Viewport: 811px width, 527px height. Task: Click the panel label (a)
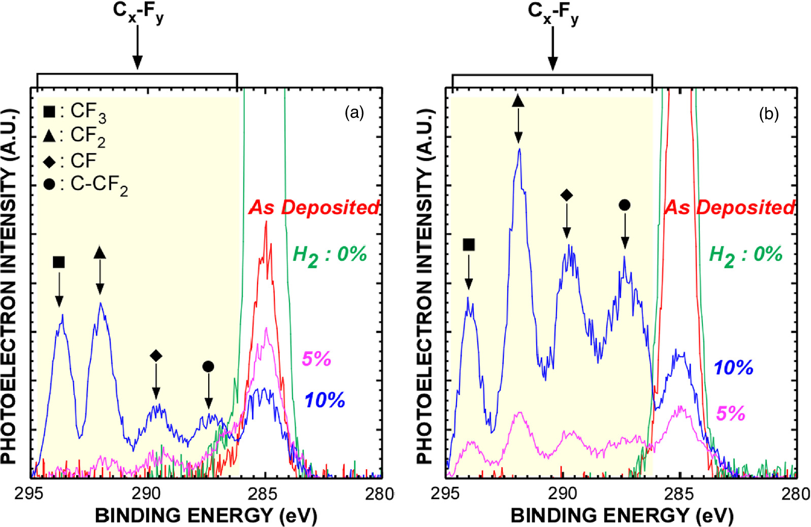(x=354, y=113)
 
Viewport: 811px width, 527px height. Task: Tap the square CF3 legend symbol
(x=49, y=111)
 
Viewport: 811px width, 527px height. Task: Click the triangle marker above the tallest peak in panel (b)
(x=518, y=100)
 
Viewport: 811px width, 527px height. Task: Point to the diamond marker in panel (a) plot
(x=156, y=356)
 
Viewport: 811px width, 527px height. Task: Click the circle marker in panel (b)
(x=625, y=205)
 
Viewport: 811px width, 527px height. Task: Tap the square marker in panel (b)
(x=469, y=245)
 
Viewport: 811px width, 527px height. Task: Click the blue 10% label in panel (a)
(x=325, y=400)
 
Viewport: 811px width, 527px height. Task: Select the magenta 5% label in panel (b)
(x=730, y=413)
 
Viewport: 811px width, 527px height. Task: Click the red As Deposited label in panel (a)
(x=314, y=207)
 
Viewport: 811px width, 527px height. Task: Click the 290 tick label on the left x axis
(x=146, y=494)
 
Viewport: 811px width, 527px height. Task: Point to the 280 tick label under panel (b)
(x=795, y=494)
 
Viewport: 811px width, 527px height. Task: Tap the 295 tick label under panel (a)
(x=29, y=494)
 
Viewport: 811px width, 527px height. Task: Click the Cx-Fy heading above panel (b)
(x=553, y=13)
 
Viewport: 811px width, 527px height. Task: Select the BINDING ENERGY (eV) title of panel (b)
(x=622, y=516)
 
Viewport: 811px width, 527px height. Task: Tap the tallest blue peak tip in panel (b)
(x=519, y=149)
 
